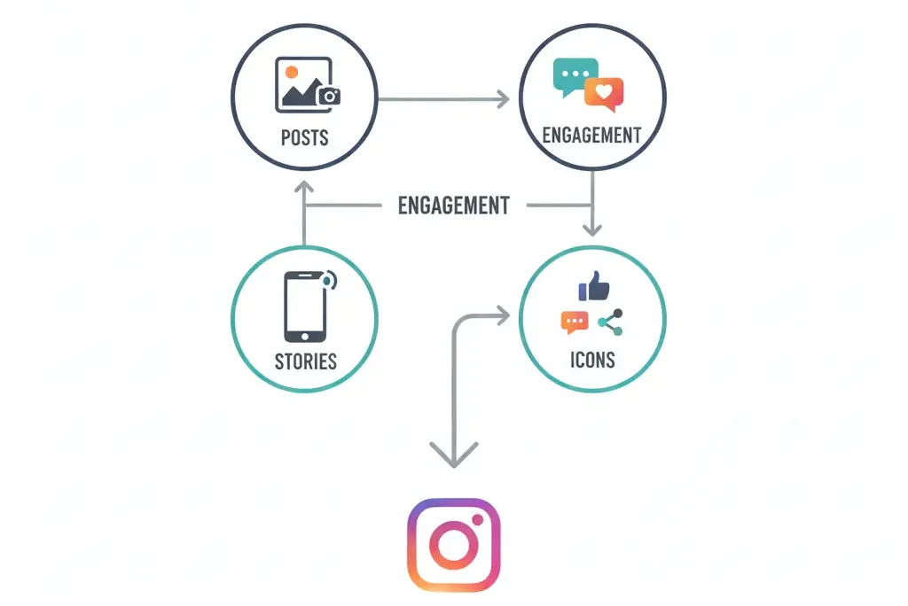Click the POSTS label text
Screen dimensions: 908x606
tap(305, 137)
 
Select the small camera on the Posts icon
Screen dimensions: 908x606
tap(329, 96)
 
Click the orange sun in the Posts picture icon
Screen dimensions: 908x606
tap(292, 72)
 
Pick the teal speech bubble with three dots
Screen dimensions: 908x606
tap(575, 77)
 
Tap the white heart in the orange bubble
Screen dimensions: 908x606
tap(604, 91)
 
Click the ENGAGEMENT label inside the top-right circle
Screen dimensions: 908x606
tap(591, 136)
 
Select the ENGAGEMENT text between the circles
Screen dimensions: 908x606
tap(453, 206)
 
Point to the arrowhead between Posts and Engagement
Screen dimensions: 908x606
tap(504, 99)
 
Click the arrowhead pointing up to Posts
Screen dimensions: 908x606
tap(304, 186)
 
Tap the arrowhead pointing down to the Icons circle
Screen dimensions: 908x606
tap(591, 229)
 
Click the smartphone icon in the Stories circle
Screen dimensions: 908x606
tap(305, 307)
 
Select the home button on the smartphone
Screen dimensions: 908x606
tap(305, 337)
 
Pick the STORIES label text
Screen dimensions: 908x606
tap(306, 361)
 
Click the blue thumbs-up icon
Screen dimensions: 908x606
tap(593, 286)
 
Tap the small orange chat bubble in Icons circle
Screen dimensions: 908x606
tap(575, 322)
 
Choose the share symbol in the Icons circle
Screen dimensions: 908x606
tap(610, 322)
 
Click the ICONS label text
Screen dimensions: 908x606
tap(592, 361)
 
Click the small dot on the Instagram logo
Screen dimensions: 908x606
tap(477, 520)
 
